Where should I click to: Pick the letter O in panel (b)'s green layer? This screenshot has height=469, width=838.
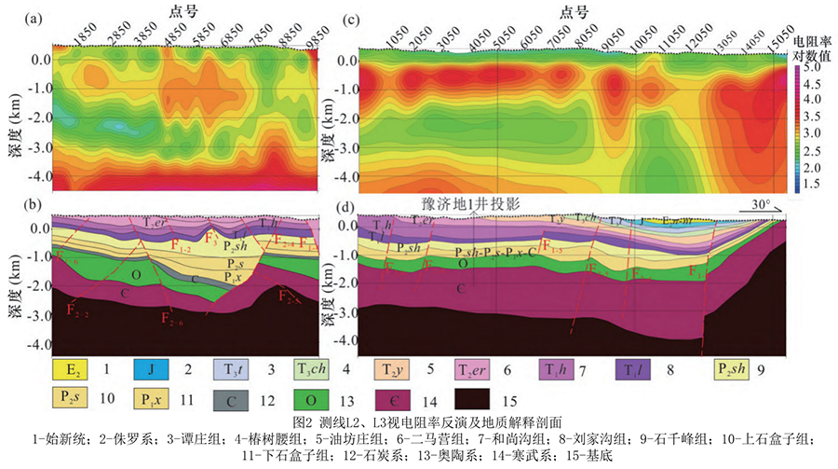click(x=136, y=275)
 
